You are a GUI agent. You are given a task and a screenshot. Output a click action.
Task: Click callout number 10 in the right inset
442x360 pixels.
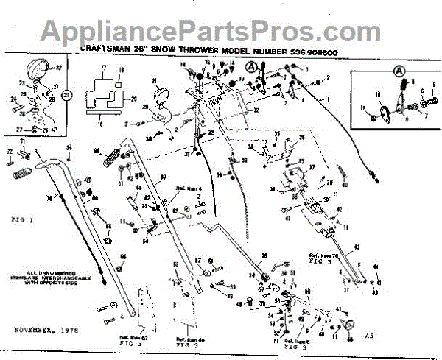pos(377,95)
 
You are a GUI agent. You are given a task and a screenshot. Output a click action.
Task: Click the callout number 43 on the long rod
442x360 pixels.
pos(357,246)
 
